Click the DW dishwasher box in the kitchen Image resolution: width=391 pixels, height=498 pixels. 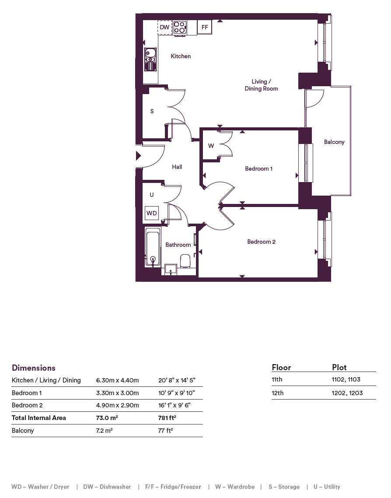[x=164, y=27]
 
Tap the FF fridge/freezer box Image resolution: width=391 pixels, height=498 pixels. [x=205, y=27]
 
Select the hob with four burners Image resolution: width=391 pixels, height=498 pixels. [x=180, y=27]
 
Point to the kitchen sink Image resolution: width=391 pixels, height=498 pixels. [x=150, y=59]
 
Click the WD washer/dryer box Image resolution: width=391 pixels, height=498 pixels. [x=152, y=213]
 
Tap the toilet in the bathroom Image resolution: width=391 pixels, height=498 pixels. [x=185, y=261]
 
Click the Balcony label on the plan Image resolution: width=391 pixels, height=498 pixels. [x=334, y=142]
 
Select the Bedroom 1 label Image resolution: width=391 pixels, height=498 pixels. [x=258, y=168]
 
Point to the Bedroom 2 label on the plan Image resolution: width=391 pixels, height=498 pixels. [x=261, y=242]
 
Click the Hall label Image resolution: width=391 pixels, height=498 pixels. [x=177, y=167]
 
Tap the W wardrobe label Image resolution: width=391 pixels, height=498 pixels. [x=211, y=146]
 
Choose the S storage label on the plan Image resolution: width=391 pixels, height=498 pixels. [x=152, y=111]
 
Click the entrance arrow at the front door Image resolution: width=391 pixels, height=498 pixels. [x=138, y=156]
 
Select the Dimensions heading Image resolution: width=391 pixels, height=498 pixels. [x=34, y=368]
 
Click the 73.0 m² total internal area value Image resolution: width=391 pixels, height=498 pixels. [x=107, y=417]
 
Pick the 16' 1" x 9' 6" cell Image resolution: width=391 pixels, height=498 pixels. [x=174, y=405]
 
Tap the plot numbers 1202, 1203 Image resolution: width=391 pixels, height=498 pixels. [x=347, y=393]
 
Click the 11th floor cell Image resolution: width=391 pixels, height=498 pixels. [x=277, y=379]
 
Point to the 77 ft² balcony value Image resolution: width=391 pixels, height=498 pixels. [x=166, y=430]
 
